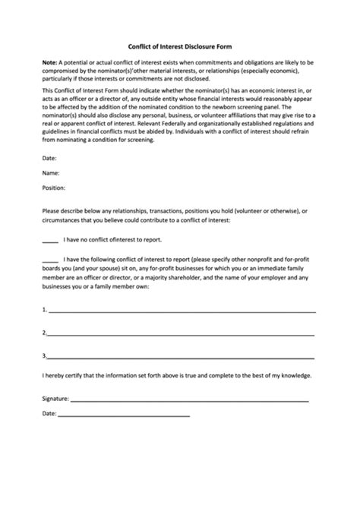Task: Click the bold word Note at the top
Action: pos(49,62)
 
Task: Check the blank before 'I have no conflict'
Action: pos(50,240)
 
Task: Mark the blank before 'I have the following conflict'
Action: pos(50,260)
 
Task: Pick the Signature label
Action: pos(55,398)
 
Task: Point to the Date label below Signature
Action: pos(49,414)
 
